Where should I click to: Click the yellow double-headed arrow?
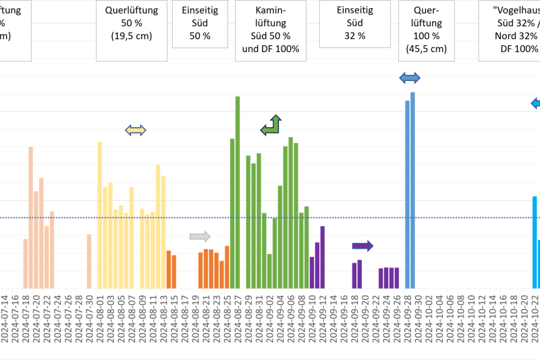(136, 130)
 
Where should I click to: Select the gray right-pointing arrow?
(200, 236)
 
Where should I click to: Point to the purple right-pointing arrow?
(362, 245)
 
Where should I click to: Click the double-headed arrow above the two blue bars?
(410, 78)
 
